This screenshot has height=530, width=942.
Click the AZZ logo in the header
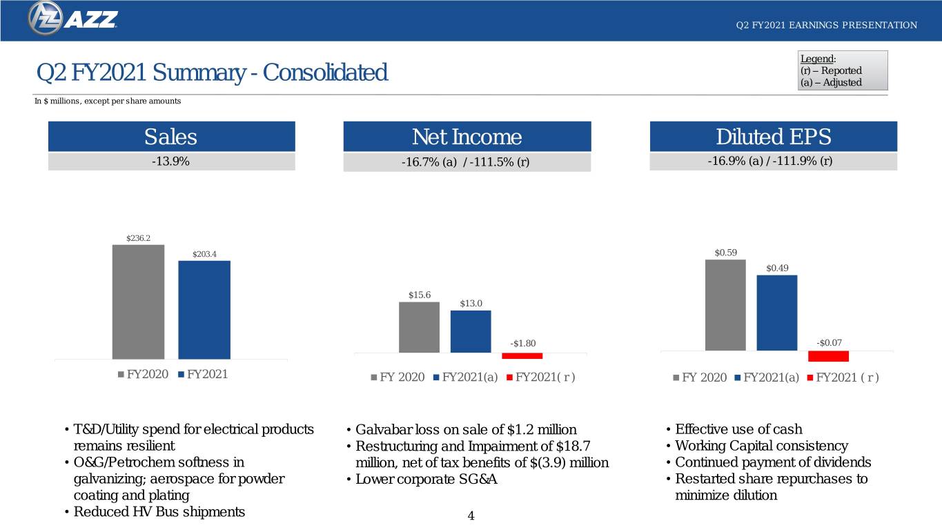[x=72, y=19]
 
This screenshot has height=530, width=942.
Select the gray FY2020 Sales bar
[x=138, y=302]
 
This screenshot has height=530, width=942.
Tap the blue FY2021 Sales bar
[x=204, y=310]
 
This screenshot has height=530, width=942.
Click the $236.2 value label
[x=138, y=238]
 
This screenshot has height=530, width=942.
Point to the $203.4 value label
[x=204, y=254]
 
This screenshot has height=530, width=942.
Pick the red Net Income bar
[x=522, y=356]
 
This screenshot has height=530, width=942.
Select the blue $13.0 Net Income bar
[x=471, y=331]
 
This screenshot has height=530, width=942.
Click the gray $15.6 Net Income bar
[x=420, y=327]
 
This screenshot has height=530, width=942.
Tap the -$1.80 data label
[x=522, y=343]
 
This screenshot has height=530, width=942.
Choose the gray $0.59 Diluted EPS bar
[x=725, y=305]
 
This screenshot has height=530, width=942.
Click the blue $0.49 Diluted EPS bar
[x=777, y=313]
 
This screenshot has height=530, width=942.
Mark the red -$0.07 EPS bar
[x=828, y=356]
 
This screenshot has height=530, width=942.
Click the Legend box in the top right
[x=843, y=70]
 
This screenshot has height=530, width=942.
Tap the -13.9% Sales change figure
[x=170, y=161]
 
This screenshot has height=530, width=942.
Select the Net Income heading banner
[x=467, y=136]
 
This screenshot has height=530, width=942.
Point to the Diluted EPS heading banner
[x=774, y=136]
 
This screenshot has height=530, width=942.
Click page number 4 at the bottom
[x=471, y=516]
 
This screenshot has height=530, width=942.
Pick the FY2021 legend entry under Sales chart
[x=203, y=374]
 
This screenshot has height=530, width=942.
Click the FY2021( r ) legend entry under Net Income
[x=541, y=377]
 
